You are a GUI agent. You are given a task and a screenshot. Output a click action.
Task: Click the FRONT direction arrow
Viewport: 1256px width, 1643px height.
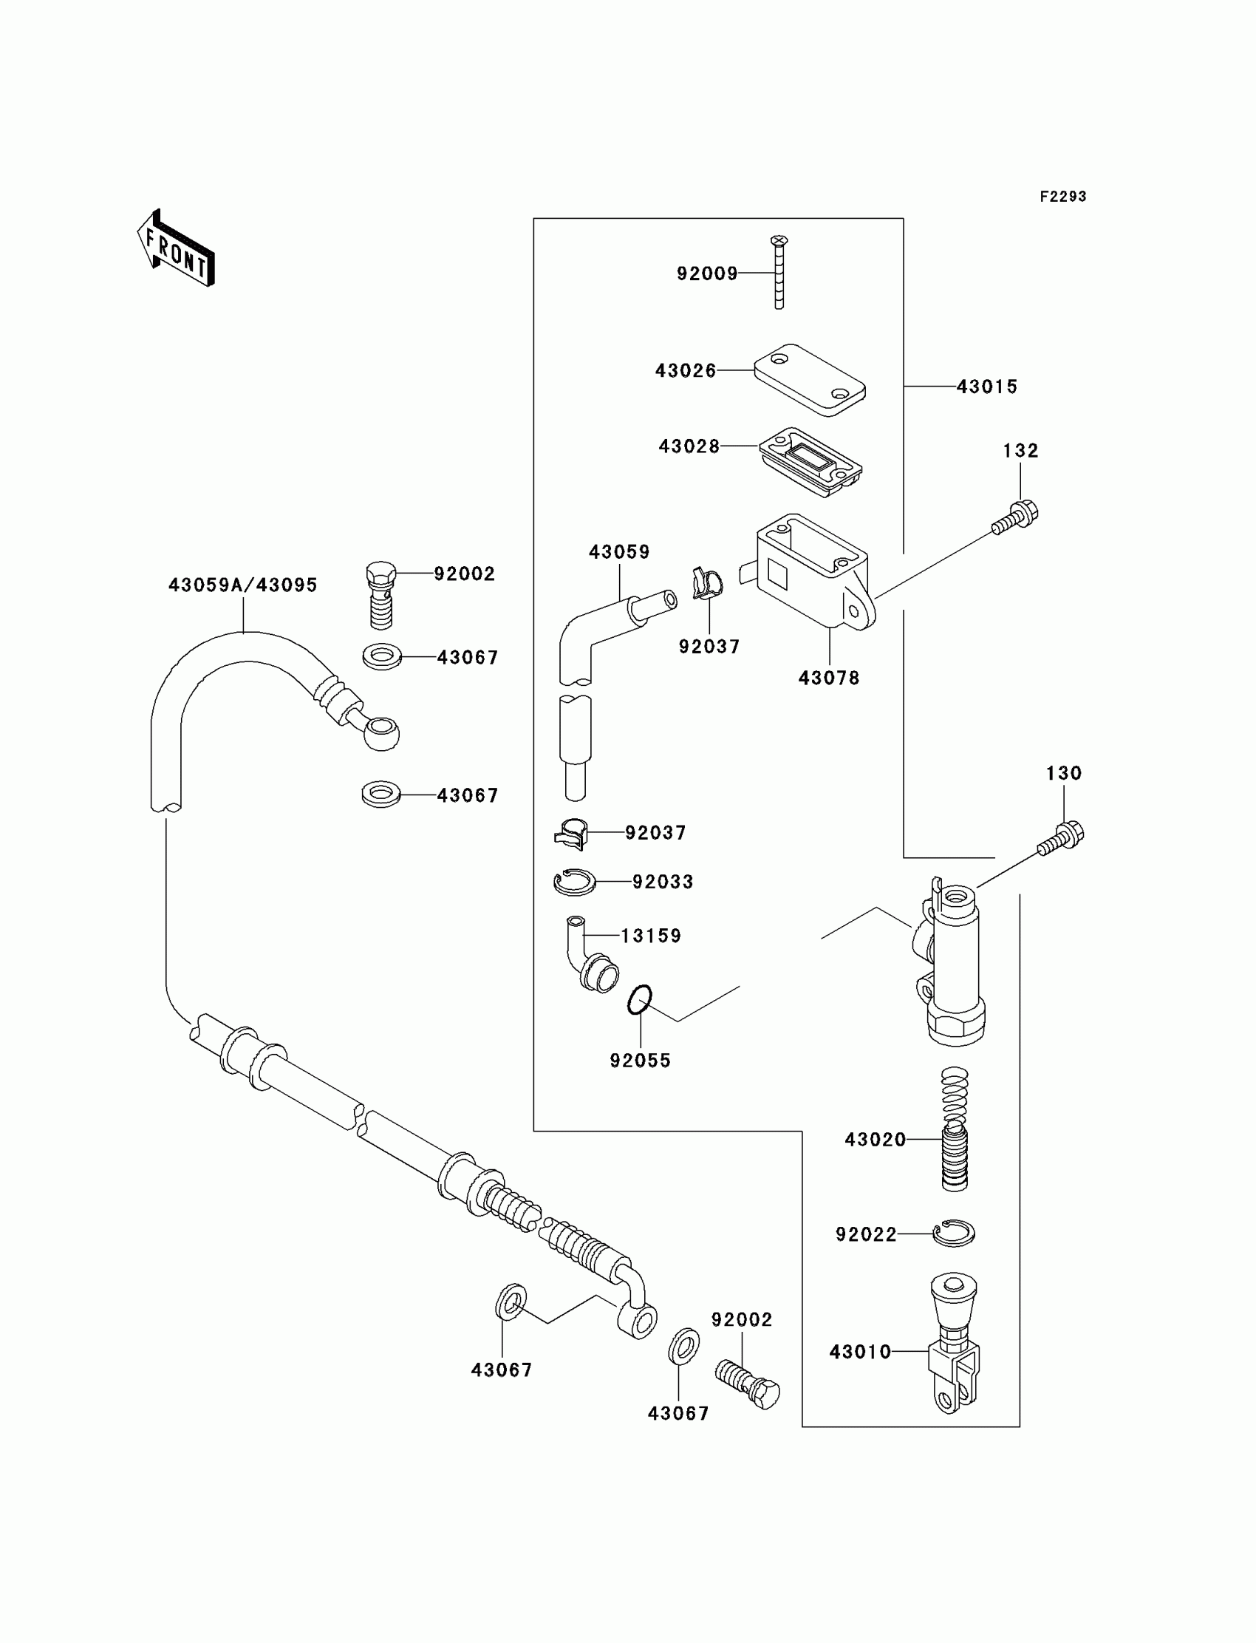[x=177, y=249]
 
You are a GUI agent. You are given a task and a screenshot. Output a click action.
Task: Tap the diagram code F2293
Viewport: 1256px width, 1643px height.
[x=1062, y=197]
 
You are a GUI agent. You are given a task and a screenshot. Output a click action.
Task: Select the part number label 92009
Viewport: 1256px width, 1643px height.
[x=706, y=273]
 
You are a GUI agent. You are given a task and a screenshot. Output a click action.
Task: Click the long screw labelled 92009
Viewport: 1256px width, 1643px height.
[x=779, y=272]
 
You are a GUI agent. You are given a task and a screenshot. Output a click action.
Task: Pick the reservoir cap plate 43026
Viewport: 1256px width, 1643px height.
[x=810, y=380]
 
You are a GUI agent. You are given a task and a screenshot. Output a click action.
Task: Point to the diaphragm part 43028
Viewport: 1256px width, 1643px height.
[x=810, y=460]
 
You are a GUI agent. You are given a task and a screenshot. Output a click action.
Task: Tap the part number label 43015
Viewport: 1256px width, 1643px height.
[x=987, y=387]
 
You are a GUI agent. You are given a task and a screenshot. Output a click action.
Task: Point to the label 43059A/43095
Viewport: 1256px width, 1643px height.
[x=243, y=585]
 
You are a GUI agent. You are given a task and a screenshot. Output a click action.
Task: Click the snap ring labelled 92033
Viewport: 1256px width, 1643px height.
[x=574, y=882]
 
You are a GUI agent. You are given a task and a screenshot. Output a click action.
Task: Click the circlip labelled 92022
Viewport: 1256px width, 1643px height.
[x=954, y=1234]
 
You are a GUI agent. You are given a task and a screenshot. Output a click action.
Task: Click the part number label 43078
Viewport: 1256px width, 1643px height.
[x=829, y=678]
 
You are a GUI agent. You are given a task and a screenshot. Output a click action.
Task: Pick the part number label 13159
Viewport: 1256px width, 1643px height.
[x=651, y=936]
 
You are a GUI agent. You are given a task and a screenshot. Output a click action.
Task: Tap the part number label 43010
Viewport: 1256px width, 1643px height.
[x=860, y=1351]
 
